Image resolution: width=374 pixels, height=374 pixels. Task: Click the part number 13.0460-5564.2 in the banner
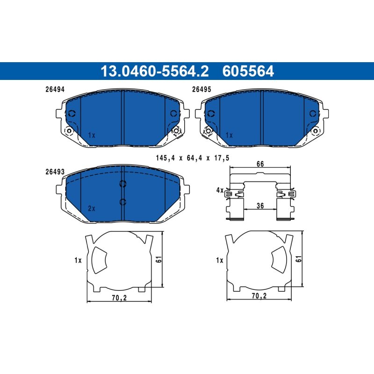[x=155, y=71]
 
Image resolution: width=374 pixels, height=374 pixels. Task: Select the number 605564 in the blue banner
[x=248, y=71]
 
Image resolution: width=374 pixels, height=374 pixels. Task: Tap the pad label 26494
[x=55, y=89]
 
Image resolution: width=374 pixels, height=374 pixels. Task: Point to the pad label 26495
[x=201, y=89]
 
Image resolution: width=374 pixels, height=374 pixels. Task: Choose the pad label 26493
[x=55, y=172]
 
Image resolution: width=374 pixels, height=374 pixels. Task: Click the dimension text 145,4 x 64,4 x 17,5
[x=193, y=158]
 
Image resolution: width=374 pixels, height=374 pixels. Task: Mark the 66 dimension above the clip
[x=260, y=164]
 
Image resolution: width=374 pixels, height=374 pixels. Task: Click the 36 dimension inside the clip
[x=260, y=206]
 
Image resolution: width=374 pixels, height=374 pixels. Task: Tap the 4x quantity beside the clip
[x=220, y=190]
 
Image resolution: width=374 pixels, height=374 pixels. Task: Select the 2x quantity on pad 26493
[x=92, y=209]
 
